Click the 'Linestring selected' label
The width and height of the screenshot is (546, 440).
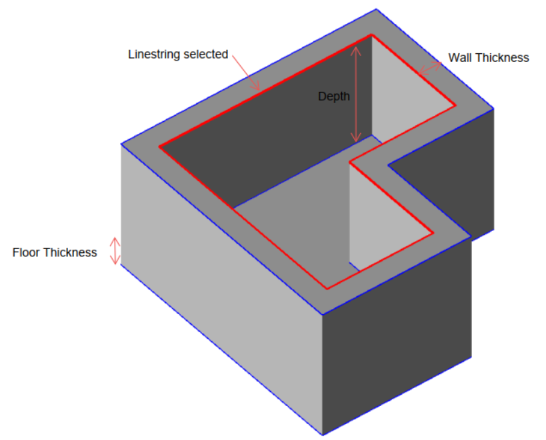(x=178, y=55)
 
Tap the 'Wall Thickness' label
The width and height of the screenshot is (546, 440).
(x=488, y=58)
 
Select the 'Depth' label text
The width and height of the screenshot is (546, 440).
(x=333, y=97)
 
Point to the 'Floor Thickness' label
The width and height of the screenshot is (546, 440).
(x=55, y=253)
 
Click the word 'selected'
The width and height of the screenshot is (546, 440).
(x=206, y=55)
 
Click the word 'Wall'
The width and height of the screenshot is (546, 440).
(x=460, y=58)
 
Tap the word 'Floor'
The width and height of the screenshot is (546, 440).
(x=27, y=253)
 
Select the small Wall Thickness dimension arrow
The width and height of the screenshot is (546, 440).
(x=430, y=67)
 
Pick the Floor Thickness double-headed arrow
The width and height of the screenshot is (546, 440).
(x=116, y=251)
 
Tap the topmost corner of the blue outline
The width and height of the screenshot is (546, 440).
(x=376, y=9)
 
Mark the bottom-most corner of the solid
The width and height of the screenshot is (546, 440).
(x=323, y=435)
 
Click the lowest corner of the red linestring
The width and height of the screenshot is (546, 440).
(x=327, y=289)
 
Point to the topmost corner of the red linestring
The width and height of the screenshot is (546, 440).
(x=370, y=35)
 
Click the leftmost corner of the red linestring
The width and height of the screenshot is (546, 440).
(x=159, y=146)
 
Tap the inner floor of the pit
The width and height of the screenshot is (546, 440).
(x=293, y=220)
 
